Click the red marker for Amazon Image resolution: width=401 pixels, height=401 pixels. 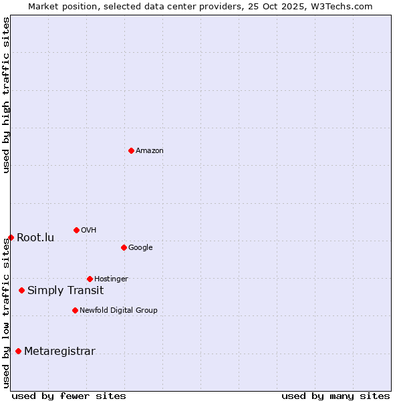pos(131,150)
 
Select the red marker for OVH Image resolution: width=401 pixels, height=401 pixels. pos(76,230)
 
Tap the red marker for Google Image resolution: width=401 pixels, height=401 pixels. pos(124,247)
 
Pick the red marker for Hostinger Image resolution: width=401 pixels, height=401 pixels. pos(90,279)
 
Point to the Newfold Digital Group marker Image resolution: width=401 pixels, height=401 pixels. pos(75,310)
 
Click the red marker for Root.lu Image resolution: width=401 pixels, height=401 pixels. pos(11,237)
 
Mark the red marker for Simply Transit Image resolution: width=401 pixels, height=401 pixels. pos(21,290)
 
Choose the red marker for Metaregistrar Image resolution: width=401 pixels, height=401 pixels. pos(18,351)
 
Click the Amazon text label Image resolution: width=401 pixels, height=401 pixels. pos(150,151)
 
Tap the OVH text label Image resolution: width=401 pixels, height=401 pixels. pos(89,231)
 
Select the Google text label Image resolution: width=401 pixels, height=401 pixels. pos(140,248)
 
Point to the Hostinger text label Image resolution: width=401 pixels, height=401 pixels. pos(111,279)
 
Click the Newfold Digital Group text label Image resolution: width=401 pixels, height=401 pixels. pos(118,311)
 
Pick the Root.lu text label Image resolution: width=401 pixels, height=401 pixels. pos(35,238)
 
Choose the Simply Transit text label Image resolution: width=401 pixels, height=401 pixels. pos(65,291)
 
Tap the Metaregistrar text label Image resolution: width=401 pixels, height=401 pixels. pos(59,352)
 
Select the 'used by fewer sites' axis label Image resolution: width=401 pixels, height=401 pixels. pos(69,396)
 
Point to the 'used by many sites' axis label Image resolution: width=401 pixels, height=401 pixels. pos(336,396)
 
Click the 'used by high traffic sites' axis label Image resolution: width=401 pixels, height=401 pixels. pos(6,95)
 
